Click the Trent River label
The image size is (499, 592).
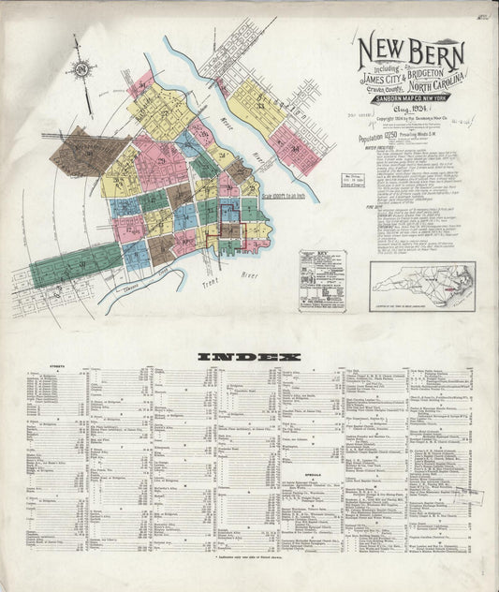240,276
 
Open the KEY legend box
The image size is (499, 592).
322,279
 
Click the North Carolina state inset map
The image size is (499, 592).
422,285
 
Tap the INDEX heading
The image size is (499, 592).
249,356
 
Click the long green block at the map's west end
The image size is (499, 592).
75,263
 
